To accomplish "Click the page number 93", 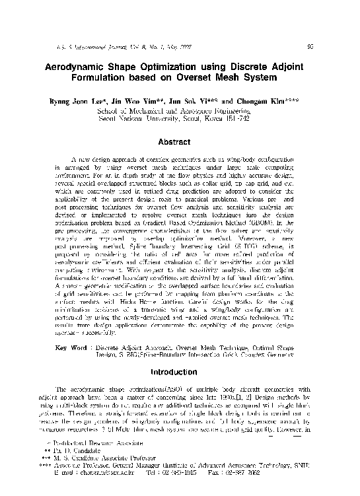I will pos(310,46).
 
